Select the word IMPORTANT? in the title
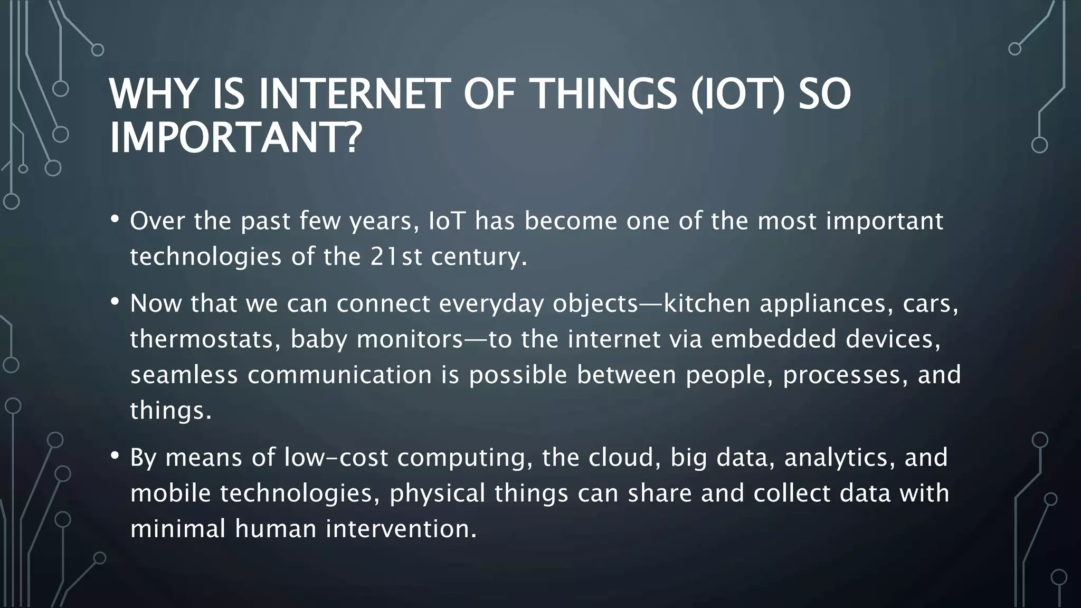tap(235, 138)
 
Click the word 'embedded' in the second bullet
tap(773, 339)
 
